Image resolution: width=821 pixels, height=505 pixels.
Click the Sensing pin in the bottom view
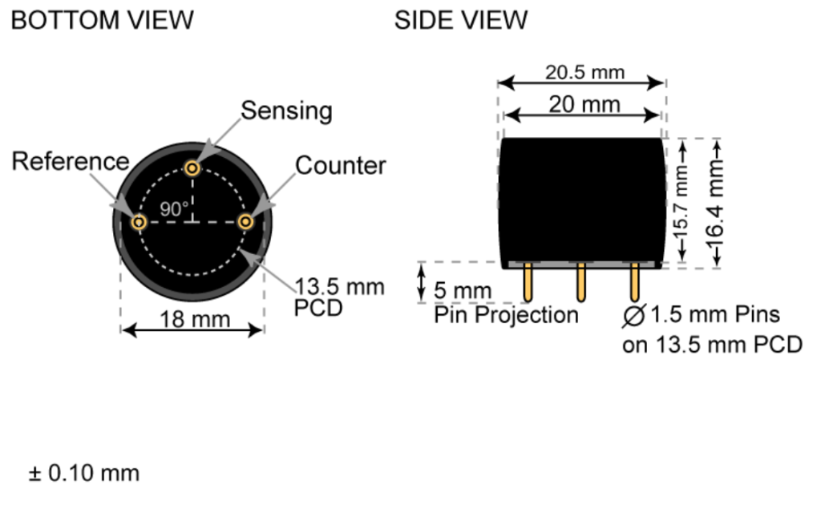pos(192,168)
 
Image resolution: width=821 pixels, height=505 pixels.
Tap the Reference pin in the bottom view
pos(139,221)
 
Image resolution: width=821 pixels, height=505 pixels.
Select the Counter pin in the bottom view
pos(246,221)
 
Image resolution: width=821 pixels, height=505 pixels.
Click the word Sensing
pos(286,110)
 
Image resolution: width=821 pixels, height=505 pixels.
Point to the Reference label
pos(70,161)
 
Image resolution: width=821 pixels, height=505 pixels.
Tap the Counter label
pos(340,166)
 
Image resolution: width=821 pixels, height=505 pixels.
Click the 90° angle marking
pos(173,208)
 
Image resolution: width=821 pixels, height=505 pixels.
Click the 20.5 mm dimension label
pos(584,72)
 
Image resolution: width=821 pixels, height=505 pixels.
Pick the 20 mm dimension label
pos(584,104)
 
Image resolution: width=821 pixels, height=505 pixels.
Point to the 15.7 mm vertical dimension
pos(682,201)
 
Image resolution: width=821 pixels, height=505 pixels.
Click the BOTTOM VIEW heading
pos(102,20)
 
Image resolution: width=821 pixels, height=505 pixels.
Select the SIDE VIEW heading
pos(461,20)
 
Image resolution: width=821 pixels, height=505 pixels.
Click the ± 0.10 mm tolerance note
pos(84,473)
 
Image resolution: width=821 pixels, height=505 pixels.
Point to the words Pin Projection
pos(506,315)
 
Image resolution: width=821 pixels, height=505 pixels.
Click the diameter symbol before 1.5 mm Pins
pos(633,316)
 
